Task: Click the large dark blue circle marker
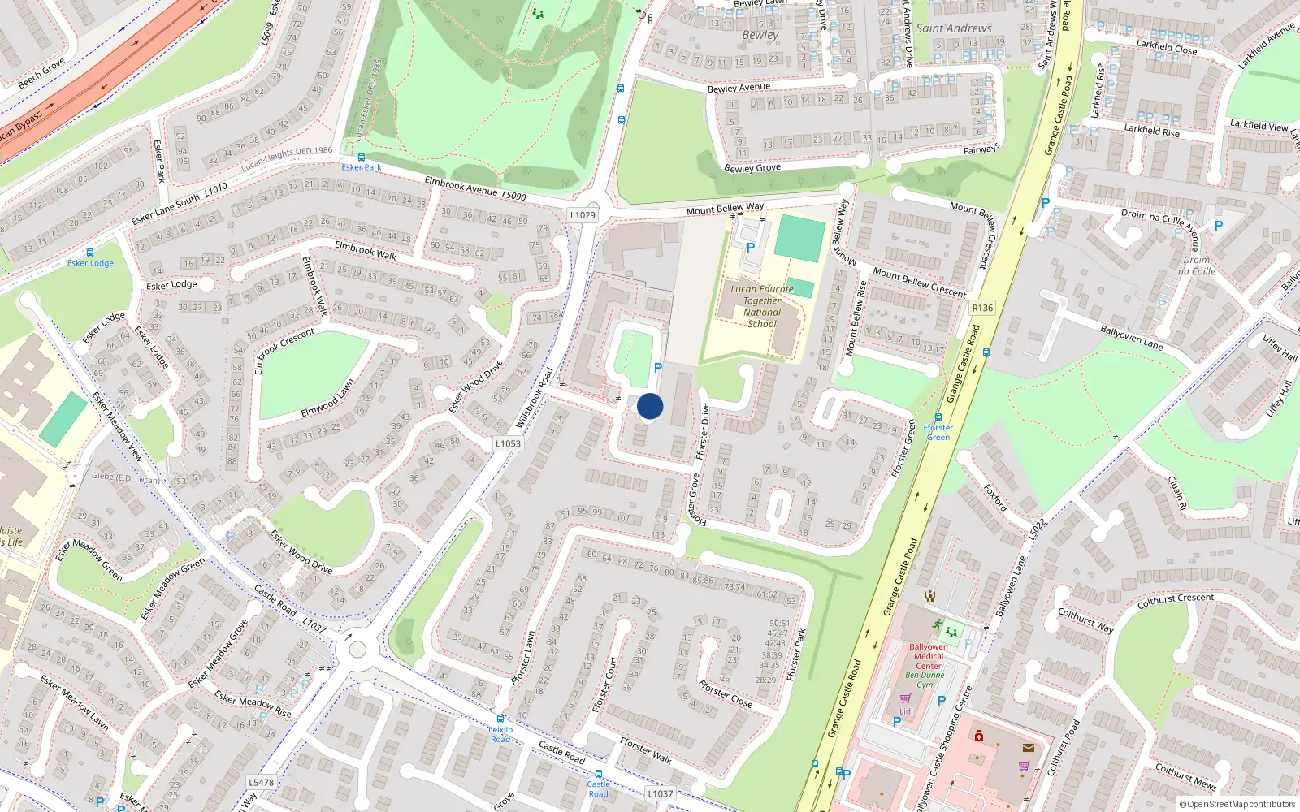(x=650, y=407)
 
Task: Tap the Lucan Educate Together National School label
(x=761, y=306)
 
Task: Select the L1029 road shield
(x=583, y=215)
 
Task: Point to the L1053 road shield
(x=508, y=443)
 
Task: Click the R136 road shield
(x=982, y=308)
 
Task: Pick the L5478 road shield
(x=261, y=783)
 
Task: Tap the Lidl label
(x=906, y=711)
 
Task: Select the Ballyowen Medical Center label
(x=929, y=656)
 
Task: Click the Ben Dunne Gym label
(x=925, y=680)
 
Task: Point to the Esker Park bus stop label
(x=362, y=167)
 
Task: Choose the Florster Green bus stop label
(x=938, y=432)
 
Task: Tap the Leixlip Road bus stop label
(x=500, y=734)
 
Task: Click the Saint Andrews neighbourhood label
(x=954, y=28)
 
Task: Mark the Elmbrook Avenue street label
(x=461, y=186)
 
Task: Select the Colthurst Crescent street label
(x=1176, y=601)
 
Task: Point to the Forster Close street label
(x=726, y=694)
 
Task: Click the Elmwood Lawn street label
(x=327, y=399)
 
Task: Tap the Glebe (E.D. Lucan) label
(x=125, y=477)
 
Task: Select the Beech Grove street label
(x=41, y=73)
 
